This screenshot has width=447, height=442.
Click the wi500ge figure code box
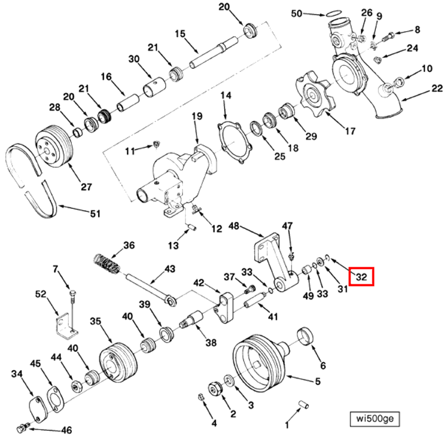[x=375, y=418]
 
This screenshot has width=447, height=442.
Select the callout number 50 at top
[x=296, y=13]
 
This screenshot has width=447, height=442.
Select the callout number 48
[x=234, y=226]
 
